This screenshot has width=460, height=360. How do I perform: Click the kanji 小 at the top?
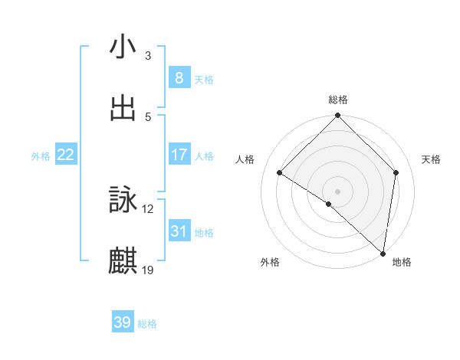(123, 47)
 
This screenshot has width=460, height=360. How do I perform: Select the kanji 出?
(123, 108)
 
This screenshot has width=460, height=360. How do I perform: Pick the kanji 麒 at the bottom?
(123, 260)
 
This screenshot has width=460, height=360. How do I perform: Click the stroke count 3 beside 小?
(148, 56)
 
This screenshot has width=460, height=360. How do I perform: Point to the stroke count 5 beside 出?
(148, 116)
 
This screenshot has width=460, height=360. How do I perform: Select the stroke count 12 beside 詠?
(148, 208)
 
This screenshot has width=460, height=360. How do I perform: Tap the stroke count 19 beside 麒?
(148, 270)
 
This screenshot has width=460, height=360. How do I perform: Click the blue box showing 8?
(179, 78)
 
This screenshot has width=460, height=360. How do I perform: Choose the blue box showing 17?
(179, 155)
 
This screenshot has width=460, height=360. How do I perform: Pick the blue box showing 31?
(179, 231)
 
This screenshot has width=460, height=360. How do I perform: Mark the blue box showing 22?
(66, 155)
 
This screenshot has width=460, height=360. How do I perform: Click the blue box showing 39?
(123, 322)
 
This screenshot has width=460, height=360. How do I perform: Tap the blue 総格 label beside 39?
(148, 324)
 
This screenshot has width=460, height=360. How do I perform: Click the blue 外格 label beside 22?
(41, 156)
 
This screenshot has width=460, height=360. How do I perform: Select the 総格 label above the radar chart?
(338, 100)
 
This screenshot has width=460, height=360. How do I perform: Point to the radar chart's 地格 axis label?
(402, 263)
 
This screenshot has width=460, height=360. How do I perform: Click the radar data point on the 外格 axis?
(329, 204)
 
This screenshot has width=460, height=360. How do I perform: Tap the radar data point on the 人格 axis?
(280, 173)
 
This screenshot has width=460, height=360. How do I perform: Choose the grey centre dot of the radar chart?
(338, 191)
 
